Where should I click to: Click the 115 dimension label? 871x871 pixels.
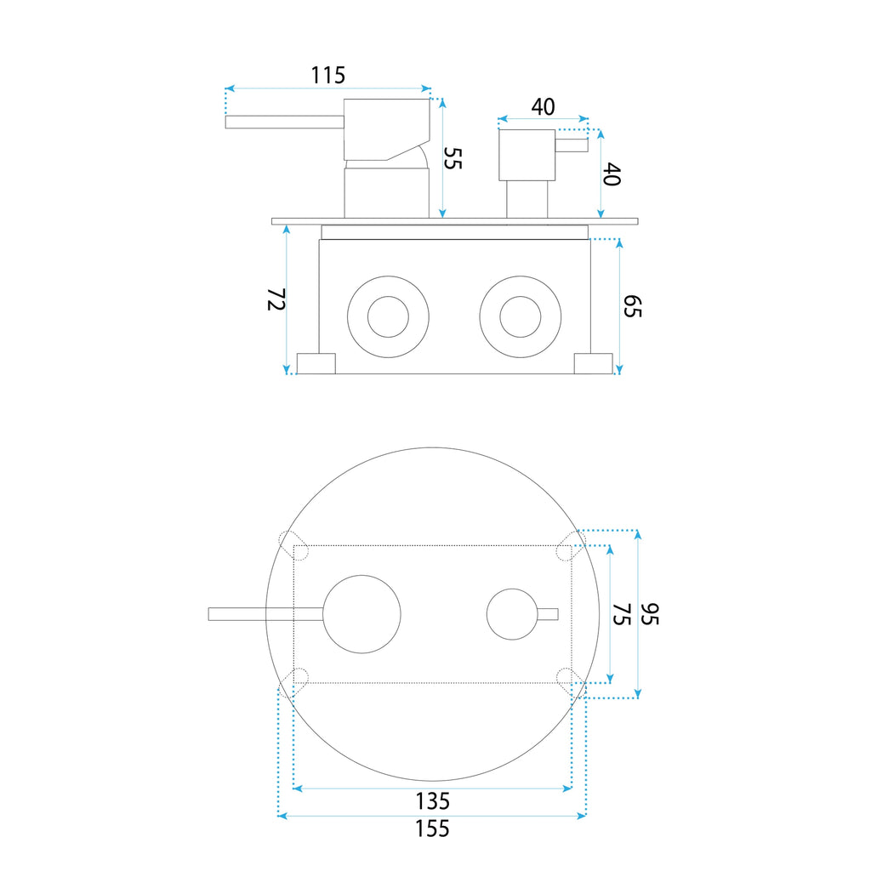(x=327, y=75)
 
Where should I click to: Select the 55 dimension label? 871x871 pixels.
(x=453, y=158)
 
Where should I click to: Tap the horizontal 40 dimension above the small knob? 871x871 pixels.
(x=543, y=106)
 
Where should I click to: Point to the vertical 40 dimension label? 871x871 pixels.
(x=611, y=174)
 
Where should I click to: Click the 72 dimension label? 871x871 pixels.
(x=276, y=299)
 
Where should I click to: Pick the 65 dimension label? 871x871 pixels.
(x=632, y=306)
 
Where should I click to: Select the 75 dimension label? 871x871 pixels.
(x=622, y=614)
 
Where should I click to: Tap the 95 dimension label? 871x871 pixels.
(x=649, y=614)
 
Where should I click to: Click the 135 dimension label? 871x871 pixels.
(x=433, y=801)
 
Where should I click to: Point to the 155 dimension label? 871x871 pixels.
(x=432, y=828)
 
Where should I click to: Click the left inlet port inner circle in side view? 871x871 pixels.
(x=388, y=316)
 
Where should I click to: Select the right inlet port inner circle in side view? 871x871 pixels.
(x=521, y=316)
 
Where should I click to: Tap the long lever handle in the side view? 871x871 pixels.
(x=284, y=122)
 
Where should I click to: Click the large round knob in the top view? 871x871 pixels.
(x=361, y=614)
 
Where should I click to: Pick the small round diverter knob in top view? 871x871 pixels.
(x=512, y=614)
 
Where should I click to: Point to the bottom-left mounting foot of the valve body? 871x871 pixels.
(x=316, y=363)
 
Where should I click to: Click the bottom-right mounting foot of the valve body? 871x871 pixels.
(x=593, y=363)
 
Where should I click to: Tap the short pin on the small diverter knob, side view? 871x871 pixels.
(x=572, y=145)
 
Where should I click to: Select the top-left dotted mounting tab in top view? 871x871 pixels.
(x=293, y=545)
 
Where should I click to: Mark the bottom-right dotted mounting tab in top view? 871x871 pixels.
(x=571, y=683)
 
